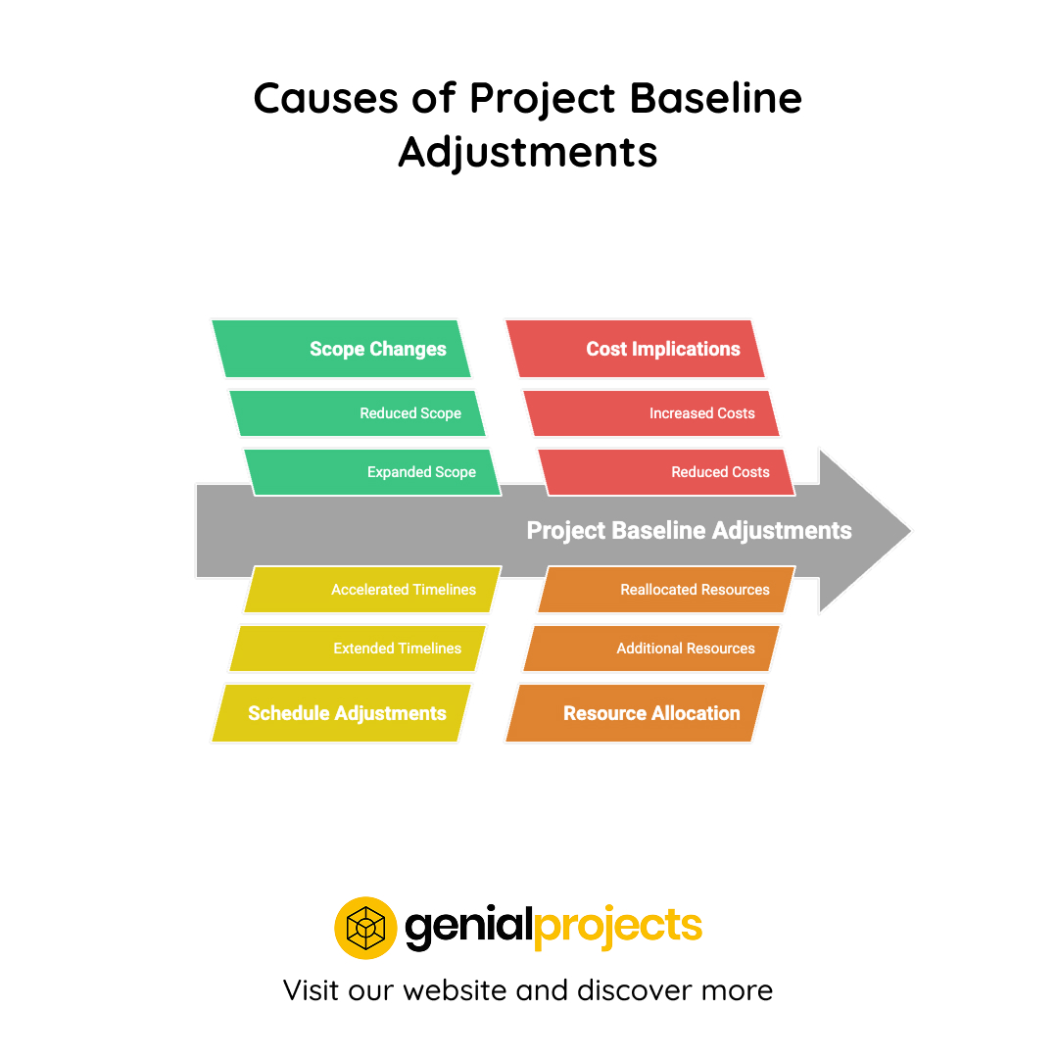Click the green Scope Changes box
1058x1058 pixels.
click(341, 349)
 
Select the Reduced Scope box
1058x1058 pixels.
click(358, 413)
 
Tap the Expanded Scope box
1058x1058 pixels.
click(372, 472)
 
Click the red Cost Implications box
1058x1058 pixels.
click(635, 349)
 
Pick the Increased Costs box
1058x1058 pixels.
click(651, 413)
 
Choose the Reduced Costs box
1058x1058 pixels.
click(666, 472)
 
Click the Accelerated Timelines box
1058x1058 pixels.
click(372, 590)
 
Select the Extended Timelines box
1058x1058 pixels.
click(358, 649)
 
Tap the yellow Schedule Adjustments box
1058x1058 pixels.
click(341, 713)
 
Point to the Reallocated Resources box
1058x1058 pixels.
click(666, 590)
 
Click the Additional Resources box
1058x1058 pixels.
click(651, 649)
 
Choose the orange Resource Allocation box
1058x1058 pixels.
click(635, 713)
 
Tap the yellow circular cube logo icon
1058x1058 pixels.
click(365, 927)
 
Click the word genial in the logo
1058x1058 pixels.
click(468, 927)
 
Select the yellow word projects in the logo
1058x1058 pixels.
click(618, 927)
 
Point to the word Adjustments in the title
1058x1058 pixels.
click(528, 152)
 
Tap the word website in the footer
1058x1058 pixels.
click(454, 989)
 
